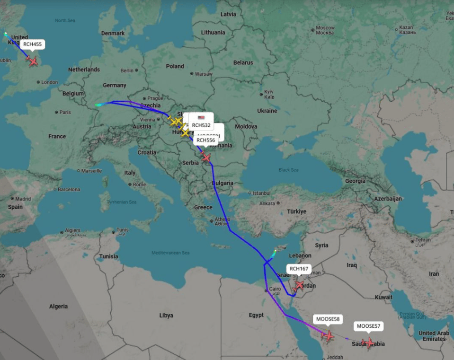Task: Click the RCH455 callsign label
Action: pyautogui.click(x=33, y=44)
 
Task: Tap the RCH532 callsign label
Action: pyautogui.click(x=201, y=125)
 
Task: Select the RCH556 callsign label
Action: pyautogui.click(x=206, y=140)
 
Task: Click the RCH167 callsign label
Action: pyautogui.click(x=299, y=269)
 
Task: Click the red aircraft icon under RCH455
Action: pyautogui.click(x=33, y=61)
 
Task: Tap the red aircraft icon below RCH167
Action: pyautogui.click(x=299, y=285)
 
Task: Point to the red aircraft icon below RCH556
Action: pyautogui.click(x=205, y=157)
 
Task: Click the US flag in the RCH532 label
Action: pyautogui.click(x=201, y=117)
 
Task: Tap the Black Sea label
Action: pyautogui.click(x=288, y=170)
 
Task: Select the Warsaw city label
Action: pyautogui.click(x=204, y=74)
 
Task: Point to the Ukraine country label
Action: pyautogui.click(x=267, y=111)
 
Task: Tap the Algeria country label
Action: pyautogui.click(x=58, y=307)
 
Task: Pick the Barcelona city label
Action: pyautogui.click(x=69, y=190)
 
